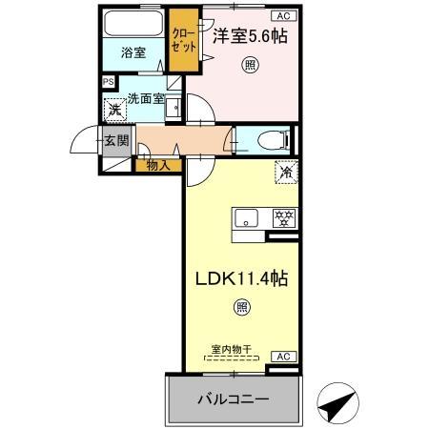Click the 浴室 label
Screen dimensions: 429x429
[x=133, y=53]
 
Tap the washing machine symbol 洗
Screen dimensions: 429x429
[x=113, y=111]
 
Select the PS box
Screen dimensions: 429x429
[x=108, y=82]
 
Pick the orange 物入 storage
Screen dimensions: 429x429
[x=158, y=166]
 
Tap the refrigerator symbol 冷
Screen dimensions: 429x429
[x=286, y=174]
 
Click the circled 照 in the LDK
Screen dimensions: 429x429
[x=241, y=307]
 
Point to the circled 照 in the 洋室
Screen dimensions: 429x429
[x=250, y=65]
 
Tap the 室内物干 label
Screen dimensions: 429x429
[x=231, y=350]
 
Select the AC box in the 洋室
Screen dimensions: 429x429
[x=283, y=15]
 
